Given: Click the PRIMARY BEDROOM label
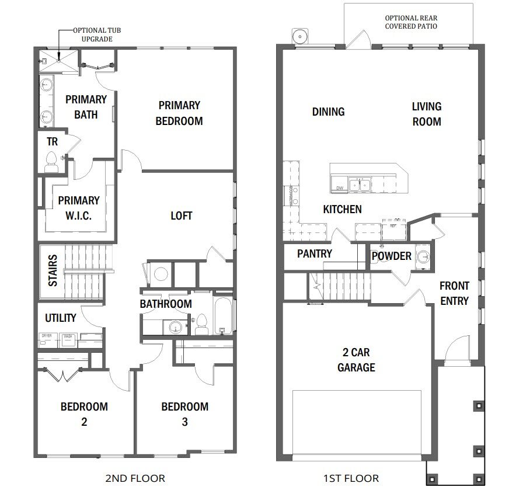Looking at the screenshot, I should point(179,113).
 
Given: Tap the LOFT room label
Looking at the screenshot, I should point(181,216).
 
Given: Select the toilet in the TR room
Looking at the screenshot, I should point(51,160).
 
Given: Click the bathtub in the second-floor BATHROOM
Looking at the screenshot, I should point(222,316).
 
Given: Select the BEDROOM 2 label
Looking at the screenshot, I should point(84,413).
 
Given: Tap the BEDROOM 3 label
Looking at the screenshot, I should point(184,413).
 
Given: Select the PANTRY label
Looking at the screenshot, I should point(314,253).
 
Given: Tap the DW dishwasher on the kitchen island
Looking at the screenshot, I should point(340,187).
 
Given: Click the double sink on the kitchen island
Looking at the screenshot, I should point(360,185).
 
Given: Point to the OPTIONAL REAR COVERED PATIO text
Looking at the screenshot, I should point(411,22).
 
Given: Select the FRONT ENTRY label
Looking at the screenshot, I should point(454,293).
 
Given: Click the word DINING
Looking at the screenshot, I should point(328,112).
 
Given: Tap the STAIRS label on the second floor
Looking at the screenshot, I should point(53,270).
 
